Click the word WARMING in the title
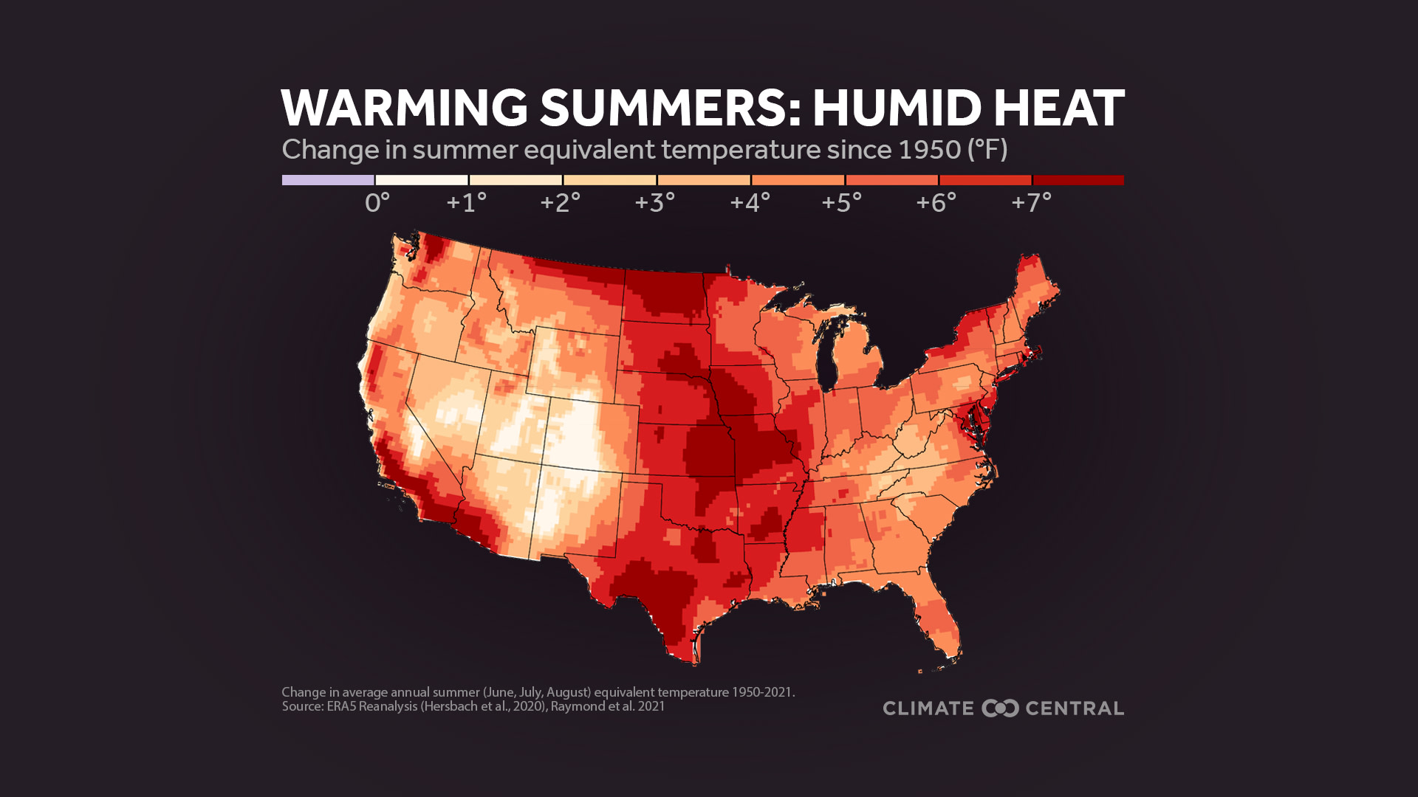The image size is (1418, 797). [403, 108]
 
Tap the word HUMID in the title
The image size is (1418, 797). [895, 108]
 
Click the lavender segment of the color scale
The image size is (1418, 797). [328, 180]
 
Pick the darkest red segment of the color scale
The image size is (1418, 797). [1078, 180]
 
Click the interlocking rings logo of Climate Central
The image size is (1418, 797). [1000, 708]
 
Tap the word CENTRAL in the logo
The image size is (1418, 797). [1075, 708]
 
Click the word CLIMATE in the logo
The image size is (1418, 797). [928, 708]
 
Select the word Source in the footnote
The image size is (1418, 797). [301, 706]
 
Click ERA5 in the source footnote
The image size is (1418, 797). [341, 706]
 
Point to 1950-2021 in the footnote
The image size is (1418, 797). [761, 692]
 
